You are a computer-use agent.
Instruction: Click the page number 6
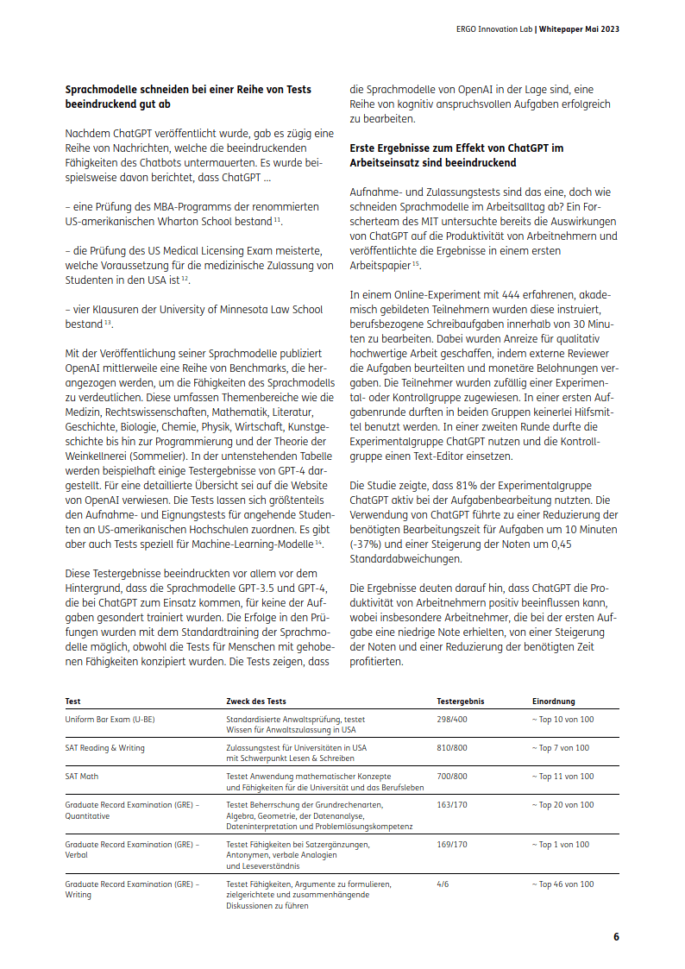tap(616, 937)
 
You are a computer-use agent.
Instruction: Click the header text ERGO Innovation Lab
tap(493, 28)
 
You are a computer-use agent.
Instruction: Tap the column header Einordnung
tap(553, 702)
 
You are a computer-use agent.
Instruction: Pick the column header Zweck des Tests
tap(256, 702)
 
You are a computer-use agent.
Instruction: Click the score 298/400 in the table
tap(452, 719)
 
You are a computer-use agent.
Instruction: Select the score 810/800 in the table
tap(452, 747)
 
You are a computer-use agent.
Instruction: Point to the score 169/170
tap(452, 844)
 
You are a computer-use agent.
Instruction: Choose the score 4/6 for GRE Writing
tap(443, 884)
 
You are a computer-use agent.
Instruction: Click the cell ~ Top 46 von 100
tap(562, 884)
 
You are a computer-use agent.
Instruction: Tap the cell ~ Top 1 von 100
tap(561, 844)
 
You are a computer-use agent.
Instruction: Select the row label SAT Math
tap(82, 776)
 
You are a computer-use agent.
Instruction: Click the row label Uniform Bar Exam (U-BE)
tap(110, 719)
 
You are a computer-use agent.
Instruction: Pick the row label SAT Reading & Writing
tap(104, 747)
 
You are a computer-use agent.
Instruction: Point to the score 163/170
tap(452, 804)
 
